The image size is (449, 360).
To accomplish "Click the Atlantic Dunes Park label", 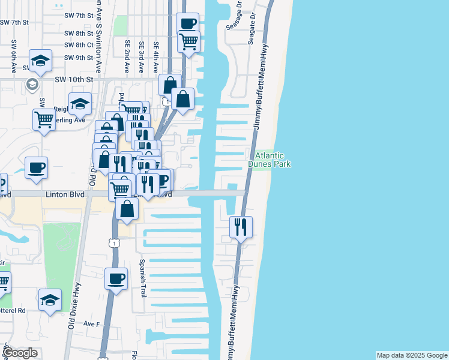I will (x=270, y=159).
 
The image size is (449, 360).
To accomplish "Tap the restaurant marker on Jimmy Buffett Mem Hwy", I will (x=241, y=227).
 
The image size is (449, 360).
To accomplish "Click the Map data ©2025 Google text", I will (x=412, y=355).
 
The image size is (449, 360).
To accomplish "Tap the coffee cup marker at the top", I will (x=187, y=23).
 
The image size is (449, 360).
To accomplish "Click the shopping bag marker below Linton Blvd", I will (x=127, y=209).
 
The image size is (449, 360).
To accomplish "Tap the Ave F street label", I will (x=91, y=324).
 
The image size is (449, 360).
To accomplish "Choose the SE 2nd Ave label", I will (x=127, y=57).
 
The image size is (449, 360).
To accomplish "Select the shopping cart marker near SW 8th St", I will (x=188, y=42).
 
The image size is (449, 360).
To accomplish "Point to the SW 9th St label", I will (x=79, y=58).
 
